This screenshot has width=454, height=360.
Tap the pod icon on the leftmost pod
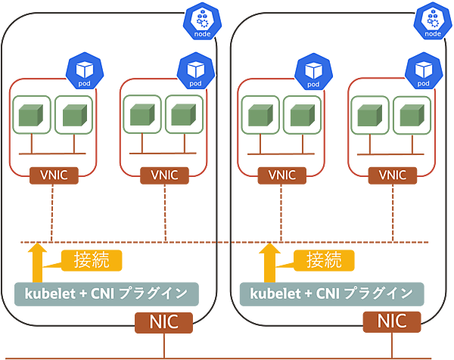[x=83, y=70]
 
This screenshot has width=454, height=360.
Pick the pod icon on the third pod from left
[x=314, y=70]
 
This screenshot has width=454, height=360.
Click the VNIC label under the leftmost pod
[x=53, y=175]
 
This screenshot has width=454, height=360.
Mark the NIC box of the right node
[x=394, y=321]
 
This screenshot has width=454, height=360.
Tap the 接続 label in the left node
[x=92, y=259]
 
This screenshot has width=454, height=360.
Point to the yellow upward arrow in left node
[x=33, y=261]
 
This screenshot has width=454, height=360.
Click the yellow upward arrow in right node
[x=265, y=261]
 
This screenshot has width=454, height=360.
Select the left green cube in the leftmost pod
[x=33, y=116]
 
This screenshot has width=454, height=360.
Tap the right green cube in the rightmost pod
[x=409, y=116]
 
